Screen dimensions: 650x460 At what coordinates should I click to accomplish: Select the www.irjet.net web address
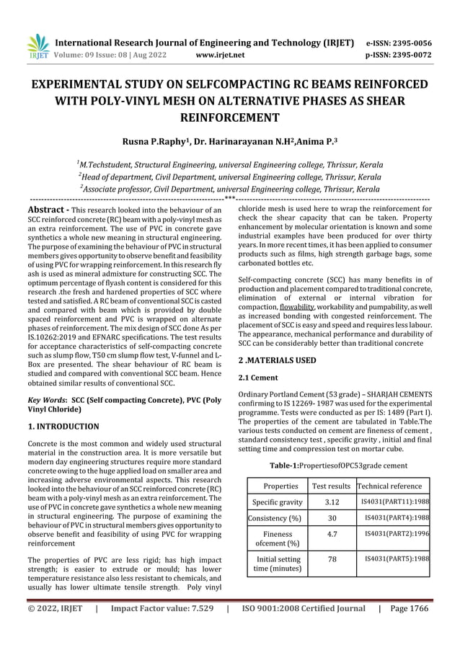tap(220, 55)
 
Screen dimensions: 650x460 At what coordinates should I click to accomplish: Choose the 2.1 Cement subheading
tap(258, 377)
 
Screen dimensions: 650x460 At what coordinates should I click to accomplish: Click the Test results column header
tap(331, 486)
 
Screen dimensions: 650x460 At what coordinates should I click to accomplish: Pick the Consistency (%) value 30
tap(332, 518)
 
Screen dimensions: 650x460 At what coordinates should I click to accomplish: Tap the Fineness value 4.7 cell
tap(332, 535)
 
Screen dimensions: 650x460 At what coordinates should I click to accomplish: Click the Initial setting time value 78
tap(332, 559)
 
